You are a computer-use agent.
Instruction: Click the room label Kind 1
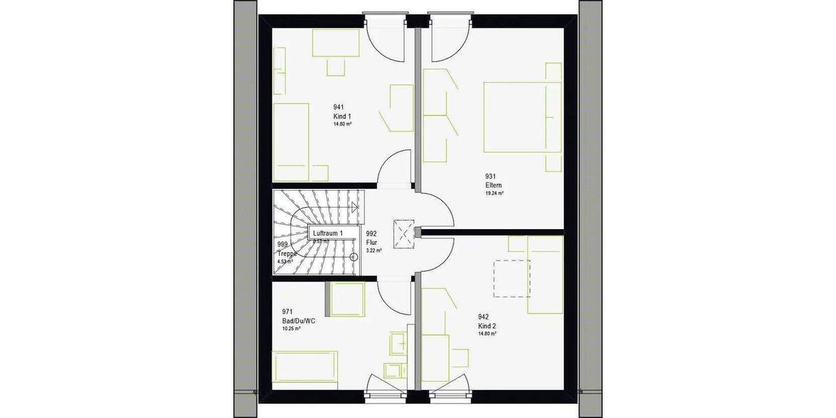click(342, 116)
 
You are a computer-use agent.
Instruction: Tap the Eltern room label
click(493, 185)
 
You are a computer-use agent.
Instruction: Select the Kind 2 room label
click(487, 325)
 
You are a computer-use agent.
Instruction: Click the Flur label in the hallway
click(372, 242)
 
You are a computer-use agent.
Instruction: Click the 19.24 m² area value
click(495, 194)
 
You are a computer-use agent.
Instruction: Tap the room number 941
click(339, 107)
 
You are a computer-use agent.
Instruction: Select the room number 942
click(483, 316)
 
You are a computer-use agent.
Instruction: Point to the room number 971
click(286, 311)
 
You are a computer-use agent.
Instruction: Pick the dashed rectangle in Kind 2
click(512, 278)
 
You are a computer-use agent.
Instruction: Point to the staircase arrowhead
click(355, 206)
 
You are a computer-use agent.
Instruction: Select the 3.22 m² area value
click(374, 251)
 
